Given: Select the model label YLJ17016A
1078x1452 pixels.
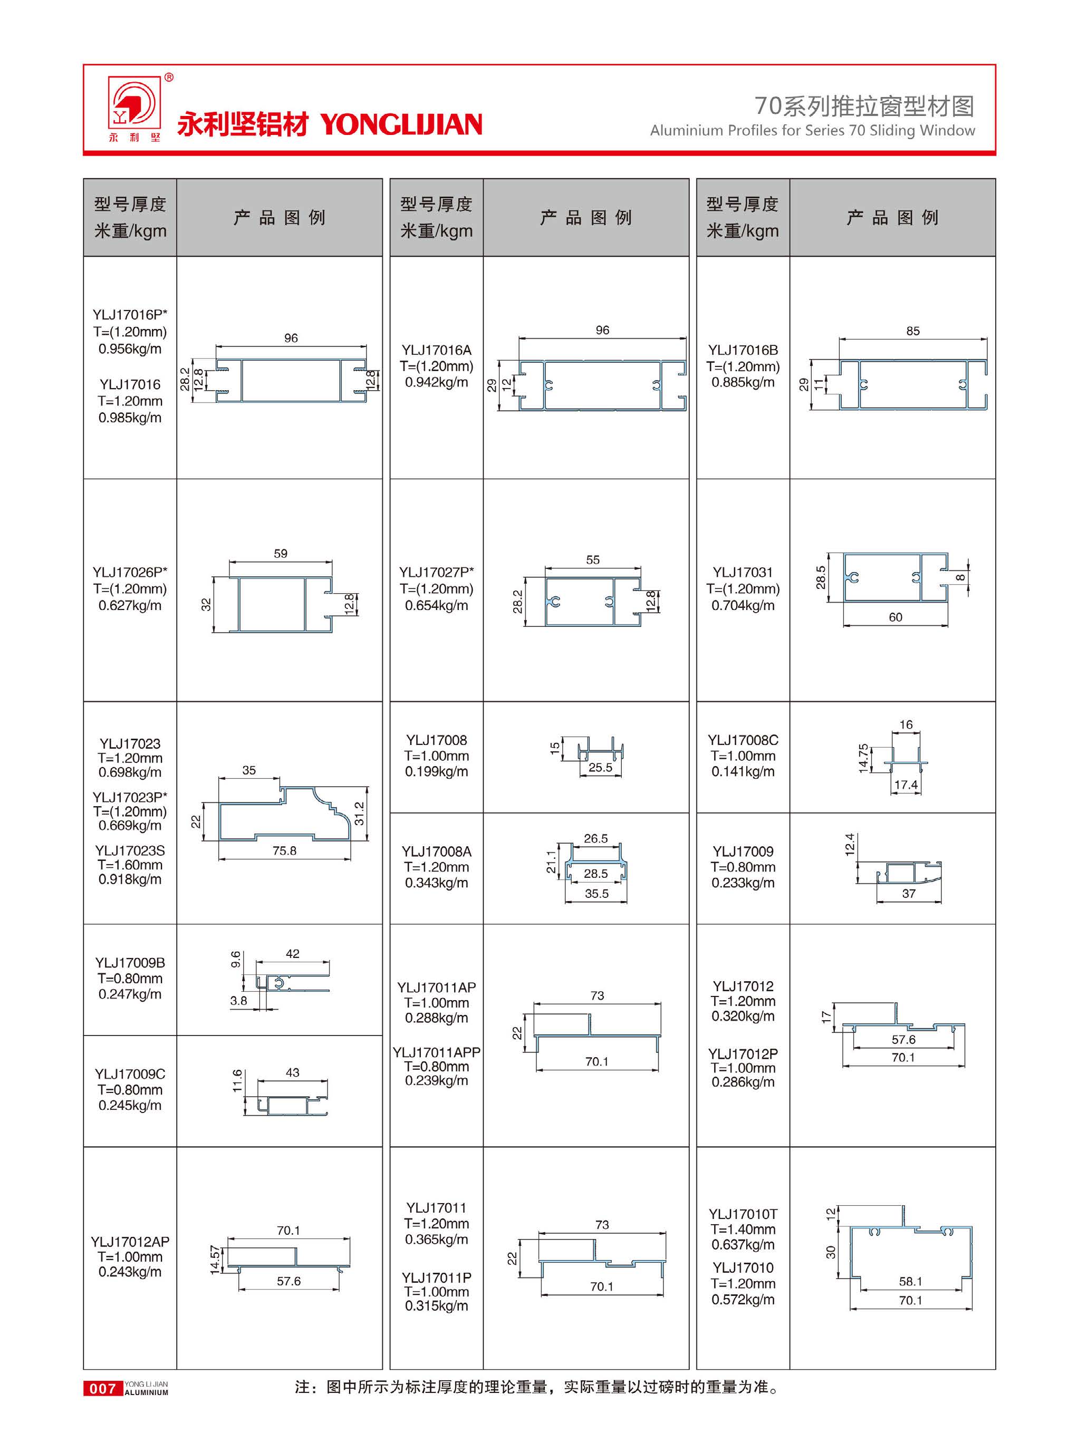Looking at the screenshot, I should pyautogui.click(x=436, y=350).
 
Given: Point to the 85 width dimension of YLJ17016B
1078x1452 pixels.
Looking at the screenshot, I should pyautogui.click(x=912, y=331).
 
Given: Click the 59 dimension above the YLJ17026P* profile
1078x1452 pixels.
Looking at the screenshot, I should pyautogui.click(x=281, y=554).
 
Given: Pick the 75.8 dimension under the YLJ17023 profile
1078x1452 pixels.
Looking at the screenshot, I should pyautogui.click(x=284, y=850).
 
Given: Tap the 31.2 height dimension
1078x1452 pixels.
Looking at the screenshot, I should pyautogui.click(x=359, y=814).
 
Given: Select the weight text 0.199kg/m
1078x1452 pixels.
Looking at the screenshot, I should pyautogui.click(x=436, y=772).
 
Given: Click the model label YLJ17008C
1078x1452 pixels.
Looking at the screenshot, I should pyautogui.click(x=743, y=740).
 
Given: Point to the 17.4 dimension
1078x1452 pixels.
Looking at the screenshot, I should pyautogui.click(x=906, y=785).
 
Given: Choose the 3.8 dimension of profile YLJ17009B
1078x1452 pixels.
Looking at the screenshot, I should pyautogui.click(x=239, y=1001).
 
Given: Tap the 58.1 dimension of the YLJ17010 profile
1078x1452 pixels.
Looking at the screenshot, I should pyautogui.click(x=910, y=1281).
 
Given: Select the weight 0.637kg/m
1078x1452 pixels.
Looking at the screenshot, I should pyautogui.click(x=743, y=1244).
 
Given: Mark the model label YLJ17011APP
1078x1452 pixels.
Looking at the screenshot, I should pyautogui.click(x=436, y=1052).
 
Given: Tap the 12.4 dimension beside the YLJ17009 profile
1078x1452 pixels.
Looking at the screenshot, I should pyautogui.click(x=849, y=845).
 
